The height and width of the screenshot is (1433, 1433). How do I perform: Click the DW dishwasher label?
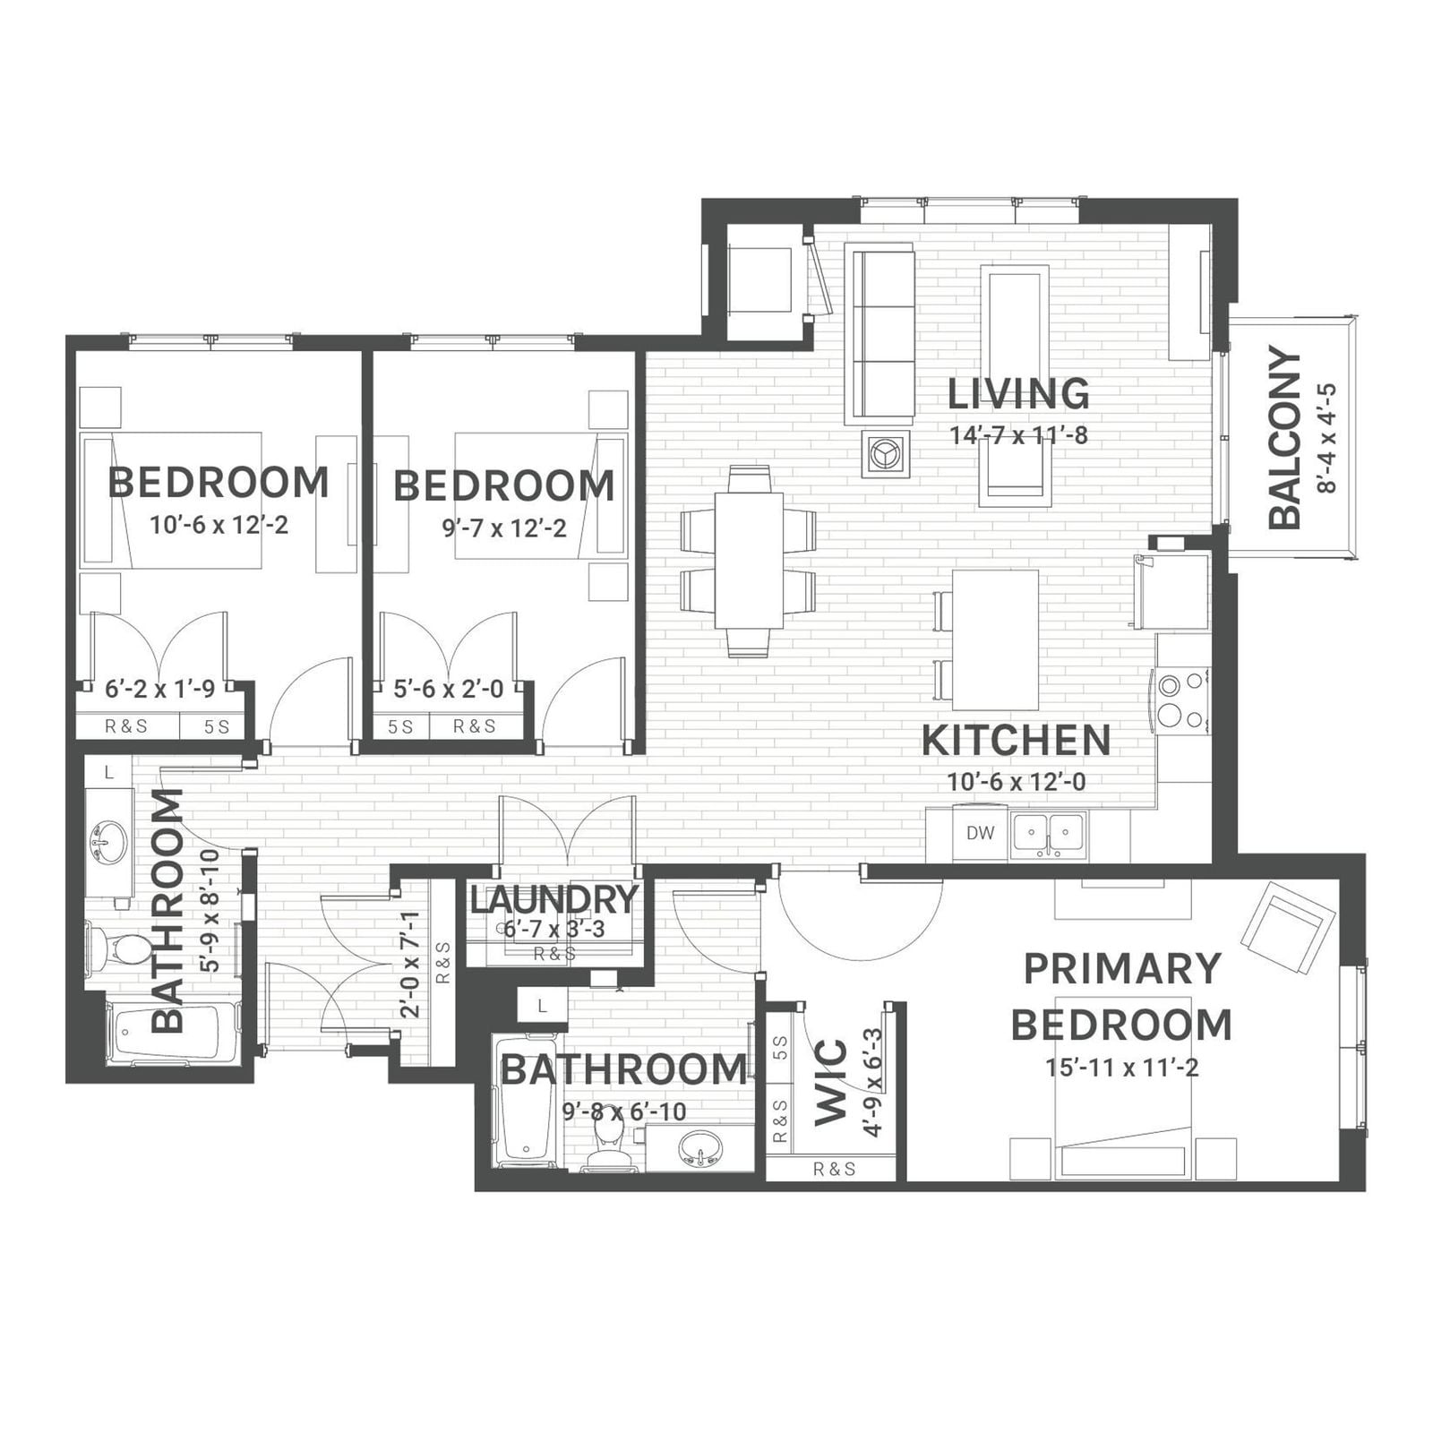[x=980, y=833]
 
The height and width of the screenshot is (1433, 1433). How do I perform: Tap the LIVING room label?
[x=1018, y=394]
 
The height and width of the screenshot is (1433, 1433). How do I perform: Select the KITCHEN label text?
[x=1016, y=741]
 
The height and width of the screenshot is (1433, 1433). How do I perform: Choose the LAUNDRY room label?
[x=553, y=899]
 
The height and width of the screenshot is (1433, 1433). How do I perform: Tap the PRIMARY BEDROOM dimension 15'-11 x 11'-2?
[x=1121, y=1068]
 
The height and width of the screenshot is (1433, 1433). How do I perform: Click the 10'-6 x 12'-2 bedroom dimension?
[x=219, y=525]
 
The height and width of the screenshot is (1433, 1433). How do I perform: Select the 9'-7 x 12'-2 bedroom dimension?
[x=504, y=528]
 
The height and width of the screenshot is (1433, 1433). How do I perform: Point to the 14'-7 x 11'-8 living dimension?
[x=1018, y=436]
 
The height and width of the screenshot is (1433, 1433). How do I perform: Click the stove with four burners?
[x=1181, y=701]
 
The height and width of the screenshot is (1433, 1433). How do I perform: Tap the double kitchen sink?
[x=1048, y=836]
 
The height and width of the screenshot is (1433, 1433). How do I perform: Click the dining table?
[x=749, y=560]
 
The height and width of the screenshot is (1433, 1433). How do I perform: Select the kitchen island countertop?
[x=995, y=639]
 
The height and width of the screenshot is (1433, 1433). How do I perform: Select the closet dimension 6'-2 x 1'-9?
[x=159, y=689]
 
